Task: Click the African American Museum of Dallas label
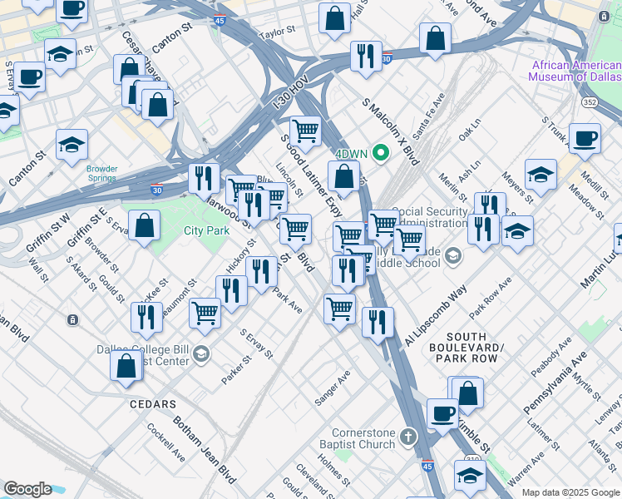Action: tap(574, 71)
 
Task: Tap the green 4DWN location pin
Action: tap(382, 153)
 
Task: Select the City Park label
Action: tap(206, 230)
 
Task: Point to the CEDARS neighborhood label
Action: tap(153, 404)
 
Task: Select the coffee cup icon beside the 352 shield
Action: tap(584, 138)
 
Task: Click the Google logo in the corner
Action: tap(27, 489)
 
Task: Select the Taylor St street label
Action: tap(278, 32)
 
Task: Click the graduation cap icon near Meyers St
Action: tap(541, 175)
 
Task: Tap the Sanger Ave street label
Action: tap(333, 388)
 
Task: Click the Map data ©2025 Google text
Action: tap(570, 492)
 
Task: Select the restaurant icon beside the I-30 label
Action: tap(204, 177)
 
